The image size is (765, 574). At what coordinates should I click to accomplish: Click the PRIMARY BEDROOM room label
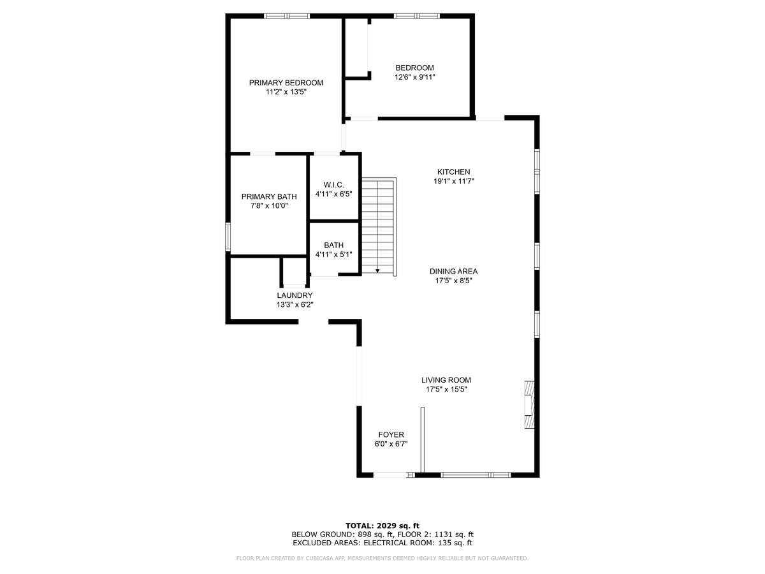click(286, 83)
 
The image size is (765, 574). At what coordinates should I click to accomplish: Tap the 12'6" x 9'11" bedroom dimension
click(415, 77)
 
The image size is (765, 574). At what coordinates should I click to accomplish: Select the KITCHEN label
click(453, 172)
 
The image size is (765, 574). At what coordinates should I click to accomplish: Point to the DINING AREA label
click(453, 272)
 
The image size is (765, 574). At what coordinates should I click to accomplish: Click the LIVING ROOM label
click(446, 380)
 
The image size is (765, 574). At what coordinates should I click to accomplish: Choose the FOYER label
click(391, 434)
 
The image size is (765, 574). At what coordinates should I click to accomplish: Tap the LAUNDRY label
click(295, 295)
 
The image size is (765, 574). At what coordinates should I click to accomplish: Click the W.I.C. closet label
click(333, 185)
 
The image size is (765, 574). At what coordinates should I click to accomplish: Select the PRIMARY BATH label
click(269, 196)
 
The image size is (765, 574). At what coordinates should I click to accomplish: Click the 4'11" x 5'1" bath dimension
click(333, 254)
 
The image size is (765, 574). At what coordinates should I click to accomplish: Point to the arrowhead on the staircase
click(377, 271)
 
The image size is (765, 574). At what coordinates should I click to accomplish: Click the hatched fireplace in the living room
click(529, 404)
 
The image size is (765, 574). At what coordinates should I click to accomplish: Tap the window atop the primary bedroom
click(286, 16)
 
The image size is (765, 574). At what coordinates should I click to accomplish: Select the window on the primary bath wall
click(228, 237)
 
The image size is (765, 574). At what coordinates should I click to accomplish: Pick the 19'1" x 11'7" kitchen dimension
click(454, 181)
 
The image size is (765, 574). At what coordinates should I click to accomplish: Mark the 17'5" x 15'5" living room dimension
click(446, 390)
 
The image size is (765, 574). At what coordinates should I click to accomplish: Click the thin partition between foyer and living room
click(423, 440)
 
